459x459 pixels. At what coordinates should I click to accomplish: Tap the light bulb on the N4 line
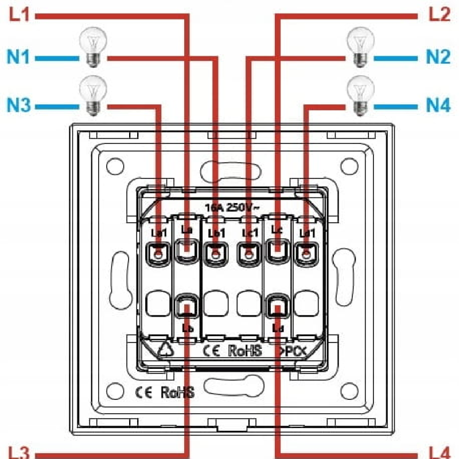pyautogui.click(x=360, y=95)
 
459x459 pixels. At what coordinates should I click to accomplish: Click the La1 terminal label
pyautogui.click(x=157, y=233)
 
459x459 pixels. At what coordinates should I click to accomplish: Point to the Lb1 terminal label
pyautogui.click(x=215, y=233)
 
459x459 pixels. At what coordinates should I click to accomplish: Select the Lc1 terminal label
pyautogui.click(x=247, y=233)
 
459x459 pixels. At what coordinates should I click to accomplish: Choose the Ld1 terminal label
pyautogui.click(x=308, y=233)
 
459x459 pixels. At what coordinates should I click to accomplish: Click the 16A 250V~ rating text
pyautogui.click(x=232, y=207)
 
